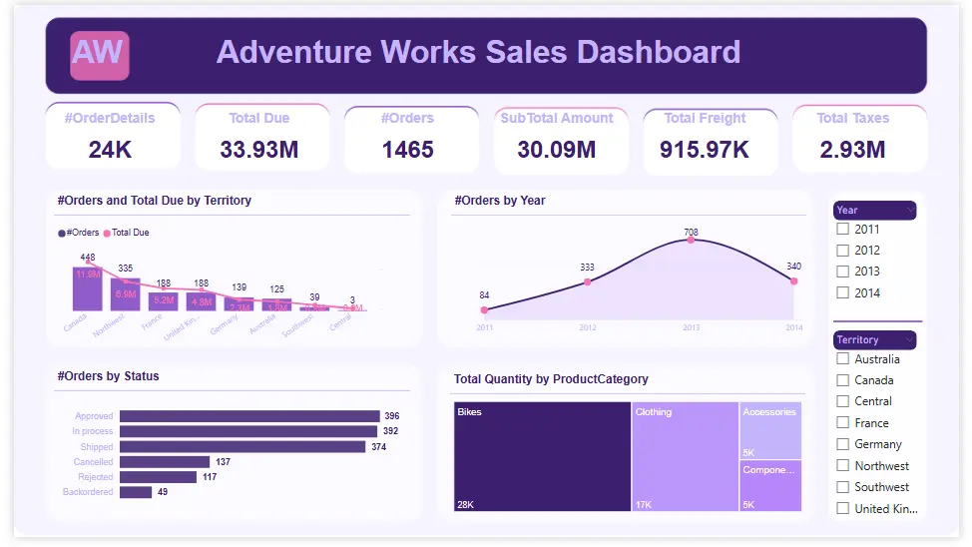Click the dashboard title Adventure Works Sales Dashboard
[478, 52]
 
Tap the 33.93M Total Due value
[259, 150]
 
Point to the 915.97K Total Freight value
[706, 150]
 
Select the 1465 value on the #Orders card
[407, 150]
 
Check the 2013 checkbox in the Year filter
[843, 272]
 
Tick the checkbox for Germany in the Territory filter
[843, 444]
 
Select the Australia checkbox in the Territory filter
[843, 359]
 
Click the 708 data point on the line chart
[691, 241]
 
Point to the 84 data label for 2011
[484, 295]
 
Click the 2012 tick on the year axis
[587, 327]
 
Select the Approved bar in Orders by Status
[249, 416]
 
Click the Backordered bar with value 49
[136, 492]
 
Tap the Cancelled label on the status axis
[94, 462]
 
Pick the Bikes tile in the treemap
[542, 457]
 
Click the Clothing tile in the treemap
[685, 457]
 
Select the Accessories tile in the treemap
[769, 430]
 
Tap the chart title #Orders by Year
[499, 201]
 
